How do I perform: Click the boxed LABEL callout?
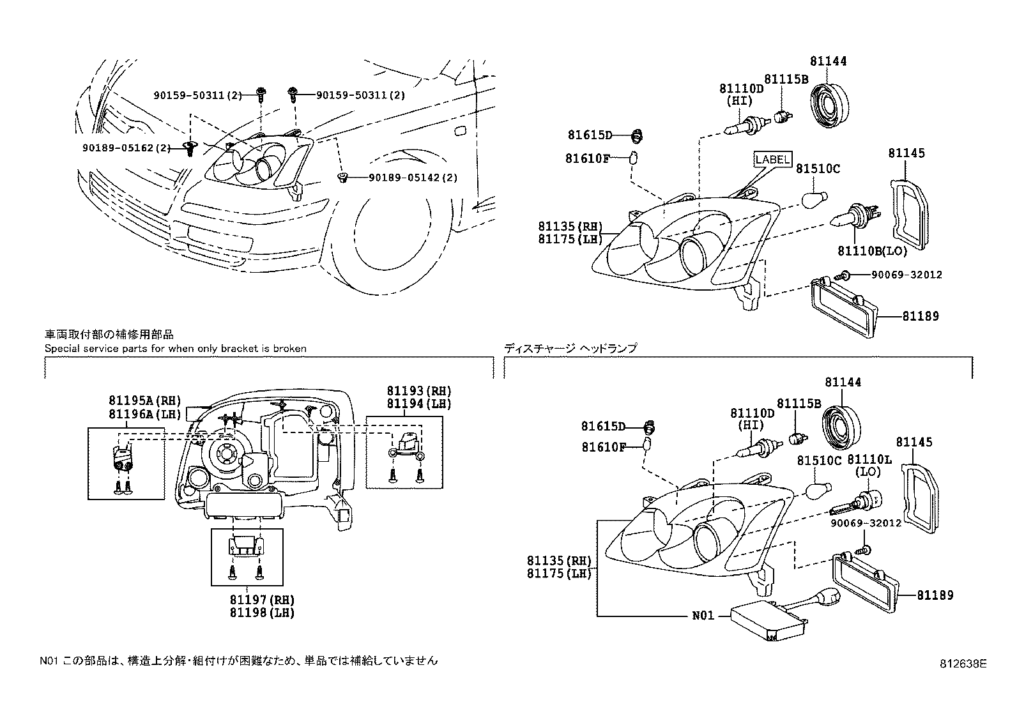773,159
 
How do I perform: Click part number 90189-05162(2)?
126,148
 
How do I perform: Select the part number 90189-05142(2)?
413,178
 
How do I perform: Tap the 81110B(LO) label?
872,252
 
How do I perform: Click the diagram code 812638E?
963,663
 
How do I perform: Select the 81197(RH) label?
263,600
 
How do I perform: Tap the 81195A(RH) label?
137,401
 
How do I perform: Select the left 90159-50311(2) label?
197,95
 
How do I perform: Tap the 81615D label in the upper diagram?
590,135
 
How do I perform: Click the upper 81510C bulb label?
818,169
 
